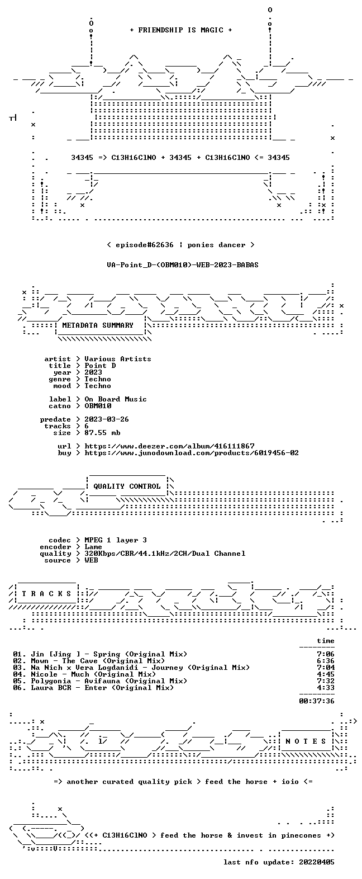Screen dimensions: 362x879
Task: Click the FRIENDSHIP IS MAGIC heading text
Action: click(x=181, y=30)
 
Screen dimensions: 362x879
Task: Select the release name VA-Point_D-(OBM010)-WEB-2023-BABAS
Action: click(x=182, y=265)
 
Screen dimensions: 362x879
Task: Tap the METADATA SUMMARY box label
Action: click(x=98, y=325)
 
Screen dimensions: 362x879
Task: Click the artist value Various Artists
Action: click(x=118, y=359)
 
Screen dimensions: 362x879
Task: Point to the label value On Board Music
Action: click(x=116, y=399)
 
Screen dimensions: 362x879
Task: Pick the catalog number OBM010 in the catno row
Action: click(x=98, y=406)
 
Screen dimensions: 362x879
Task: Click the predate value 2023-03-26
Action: click(x=107, y=419)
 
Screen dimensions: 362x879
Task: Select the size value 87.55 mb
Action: click(x=102, y=433)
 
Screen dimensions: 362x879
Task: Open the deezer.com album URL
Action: click(x=169, y=446)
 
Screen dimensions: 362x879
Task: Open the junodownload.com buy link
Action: click(x=192, y=453)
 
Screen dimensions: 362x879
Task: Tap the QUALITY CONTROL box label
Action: click(x=127, y=486)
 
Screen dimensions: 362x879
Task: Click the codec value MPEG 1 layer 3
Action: click(x=116, y=540)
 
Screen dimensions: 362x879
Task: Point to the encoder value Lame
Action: click(x=93, y=547)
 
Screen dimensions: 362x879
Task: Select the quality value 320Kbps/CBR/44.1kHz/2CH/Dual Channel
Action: click(x=165, y=554)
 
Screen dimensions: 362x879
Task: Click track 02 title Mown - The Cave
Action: click(x=98, y=661)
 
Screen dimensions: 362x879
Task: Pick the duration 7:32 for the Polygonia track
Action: click(x=326, y=681)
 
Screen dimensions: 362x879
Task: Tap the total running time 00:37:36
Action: click(x=317, y=701)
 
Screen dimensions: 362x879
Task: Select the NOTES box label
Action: click(x=306, y=741)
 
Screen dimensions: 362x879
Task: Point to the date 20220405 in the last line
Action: click(x=317, y=862)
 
